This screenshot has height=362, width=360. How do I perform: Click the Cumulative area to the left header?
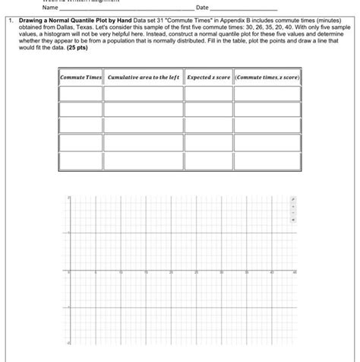point(144,78)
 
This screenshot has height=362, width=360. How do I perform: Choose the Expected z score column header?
point(208,78)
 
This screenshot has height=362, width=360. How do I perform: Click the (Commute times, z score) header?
point(267,78)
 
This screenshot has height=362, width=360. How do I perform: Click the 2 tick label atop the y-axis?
point(67,198)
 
